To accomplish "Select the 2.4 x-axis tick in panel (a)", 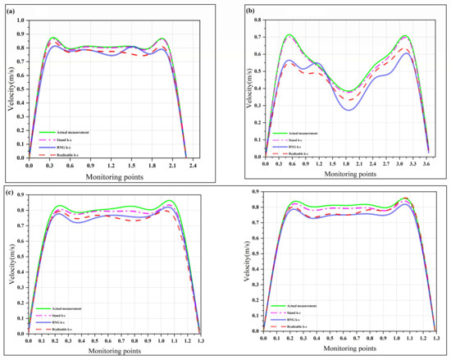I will click(191, 164).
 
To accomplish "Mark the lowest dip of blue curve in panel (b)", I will click(350, 109).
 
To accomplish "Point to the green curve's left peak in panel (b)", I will click(289, 34).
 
